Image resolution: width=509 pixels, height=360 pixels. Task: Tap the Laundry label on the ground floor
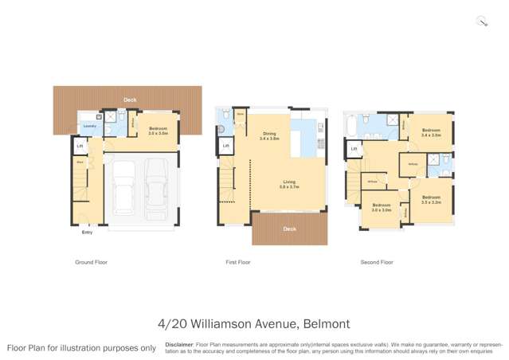pyautogui.click(x=89, y=125)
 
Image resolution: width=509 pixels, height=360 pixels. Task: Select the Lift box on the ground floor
pyautogui.click(x=80, y=147)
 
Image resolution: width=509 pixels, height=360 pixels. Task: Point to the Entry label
pyautogui.click(x=87, y=232)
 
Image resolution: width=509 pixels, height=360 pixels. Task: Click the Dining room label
pyautogui.click(x=269, y=136)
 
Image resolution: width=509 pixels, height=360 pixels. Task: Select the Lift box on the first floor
pyautogui.click(x=226, y=146)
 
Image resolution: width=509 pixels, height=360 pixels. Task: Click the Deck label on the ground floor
pyautogui.click(x=130, y=100)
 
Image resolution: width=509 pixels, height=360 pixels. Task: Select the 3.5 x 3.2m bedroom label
pyautogui.click(x=431, y=199)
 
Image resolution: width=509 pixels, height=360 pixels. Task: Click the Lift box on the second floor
pyautogui.click(x=354, y=148)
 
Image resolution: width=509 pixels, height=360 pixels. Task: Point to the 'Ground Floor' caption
pyautogui.click(x=92, y=262)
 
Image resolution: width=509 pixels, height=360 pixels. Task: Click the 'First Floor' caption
pyautogui.click(x=238, y=262)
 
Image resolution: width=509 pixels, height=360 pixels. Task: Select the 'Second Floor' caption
pyautogui.click(x=377, y=262)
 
